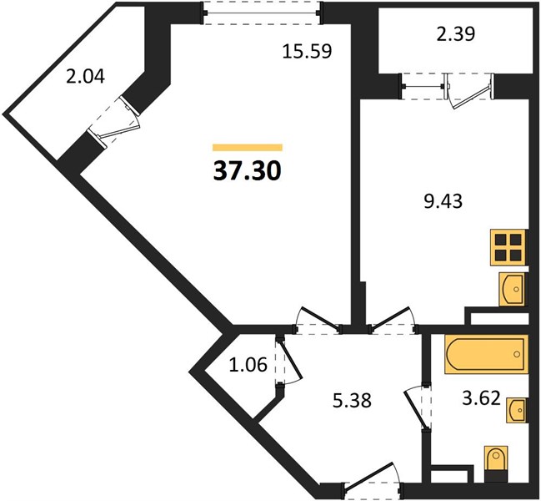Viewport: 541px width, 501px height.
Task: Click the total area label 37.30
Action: point(248,171)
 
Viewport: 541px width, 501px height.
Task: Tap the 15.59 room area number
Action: point(307,52)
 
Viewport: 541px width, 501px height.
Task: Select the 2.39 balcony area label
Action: point(456,34)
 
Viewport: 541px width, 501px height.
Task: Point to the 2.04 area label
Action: point(85,76)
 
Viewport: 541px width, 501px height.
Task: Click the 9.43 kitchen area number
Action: point(443,201)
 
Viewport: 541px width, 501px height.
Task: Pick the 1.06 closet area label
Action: point(248,365)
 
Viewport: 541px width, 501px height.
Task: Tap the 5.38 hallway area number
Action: point(352,401)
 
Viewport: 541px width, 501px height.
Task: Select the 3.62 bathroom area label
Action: point(481,398)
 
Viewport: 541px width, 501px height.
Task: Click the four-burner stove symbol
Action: point(508,247)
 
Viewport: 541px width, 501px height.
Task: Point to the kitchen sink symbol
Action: point(513,289)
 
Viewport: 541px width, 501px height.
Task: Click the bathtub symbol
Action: point(487,354)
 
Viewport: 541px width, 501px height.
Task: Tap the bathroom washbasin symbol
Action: point(517,410)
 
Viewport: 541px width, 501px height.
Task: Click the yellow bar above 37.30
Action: point(248,148)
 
